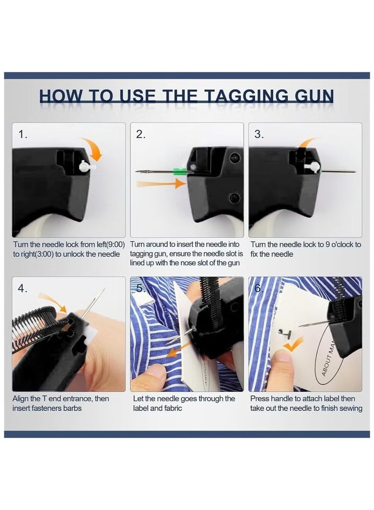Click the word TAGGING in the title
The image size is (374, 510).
pos(247,97)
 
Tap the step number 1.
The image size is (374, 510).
pos(22,134)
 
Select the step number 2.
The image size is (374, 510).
pos(141,134)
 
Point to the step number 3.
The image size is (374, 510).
pos(259,134)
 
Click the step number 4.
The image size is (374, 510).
pos(22,288)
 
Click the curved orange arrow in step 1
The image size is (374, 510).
pos(93,148)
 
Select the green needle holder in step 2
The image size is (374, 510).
pos(180,171)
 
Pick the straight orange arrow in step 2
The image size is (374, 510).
pos(161,184)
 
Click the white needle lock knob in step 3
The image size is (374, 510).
pos(313,167)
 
